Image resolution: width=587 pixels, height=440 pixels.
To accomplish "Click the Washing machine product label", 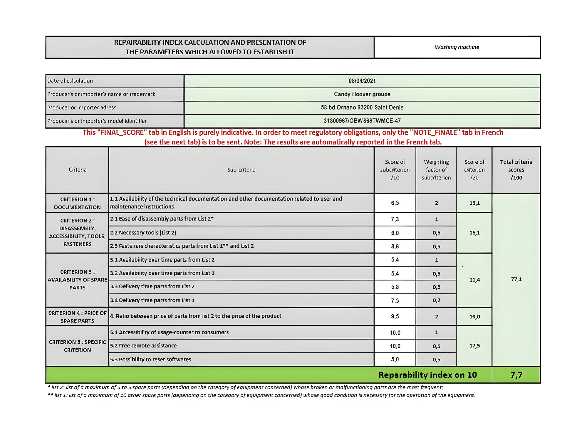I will pos(457,47).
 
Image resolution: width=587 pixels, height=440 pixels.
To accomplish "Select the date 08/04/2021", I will pos(362,81).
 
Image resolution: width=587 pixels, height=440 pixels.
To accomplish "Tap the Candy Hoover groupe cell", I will pos(362,94).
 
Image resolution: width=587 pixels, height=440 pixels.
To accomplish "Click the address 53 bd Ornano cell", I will pos(362,108).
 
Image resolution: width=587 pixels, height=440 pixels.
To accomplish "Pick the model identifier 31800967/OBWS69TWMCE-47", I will pos(362,121).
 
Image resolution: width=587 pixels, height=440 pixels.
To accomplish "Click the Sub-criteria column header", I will pos(241,170).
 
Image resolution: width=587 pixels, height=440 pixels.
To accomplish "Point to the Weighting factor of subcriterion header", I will pos(436,170).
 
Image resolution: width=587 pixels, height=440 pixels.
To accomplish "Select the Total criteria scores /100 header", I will pos(516,170).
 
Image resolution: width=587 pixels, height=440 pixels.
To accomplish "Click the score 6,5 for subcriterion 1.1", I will pos(395,203).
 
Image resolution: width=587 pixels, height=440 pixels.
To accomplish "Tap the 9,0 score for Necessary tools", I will pos(395,233).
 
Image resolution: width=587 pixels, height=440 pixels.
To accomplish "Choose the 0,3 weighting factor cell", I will pos(436,287).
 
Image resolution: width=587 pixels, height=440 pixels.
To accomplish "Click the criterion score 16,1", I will pos(474,233).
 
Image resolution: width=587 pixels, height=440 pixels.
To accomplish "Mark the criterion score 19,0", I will pos(474,317).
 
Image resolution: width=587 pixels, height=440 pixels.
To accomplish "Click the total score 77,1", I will pos(516,279).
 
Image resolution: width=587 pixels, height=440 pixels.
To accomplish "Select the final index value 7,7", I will pos(516,375).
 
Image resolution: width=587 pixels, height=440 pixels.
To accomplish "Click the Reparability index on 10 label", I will pos(427,375).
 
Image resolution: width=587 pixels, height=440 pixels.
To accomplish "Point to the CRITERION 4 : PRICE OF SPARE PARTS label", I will pos(77,317).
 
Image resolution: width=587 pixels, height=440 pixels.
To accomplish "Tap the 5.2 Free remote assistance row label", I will pos(143,346).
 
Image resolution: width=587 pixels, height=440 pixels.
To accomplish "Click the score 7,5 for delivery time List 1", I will pos(395,300).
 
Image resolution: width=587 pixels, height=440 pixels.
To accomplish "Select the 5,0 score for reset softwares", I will pos(395,360).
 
